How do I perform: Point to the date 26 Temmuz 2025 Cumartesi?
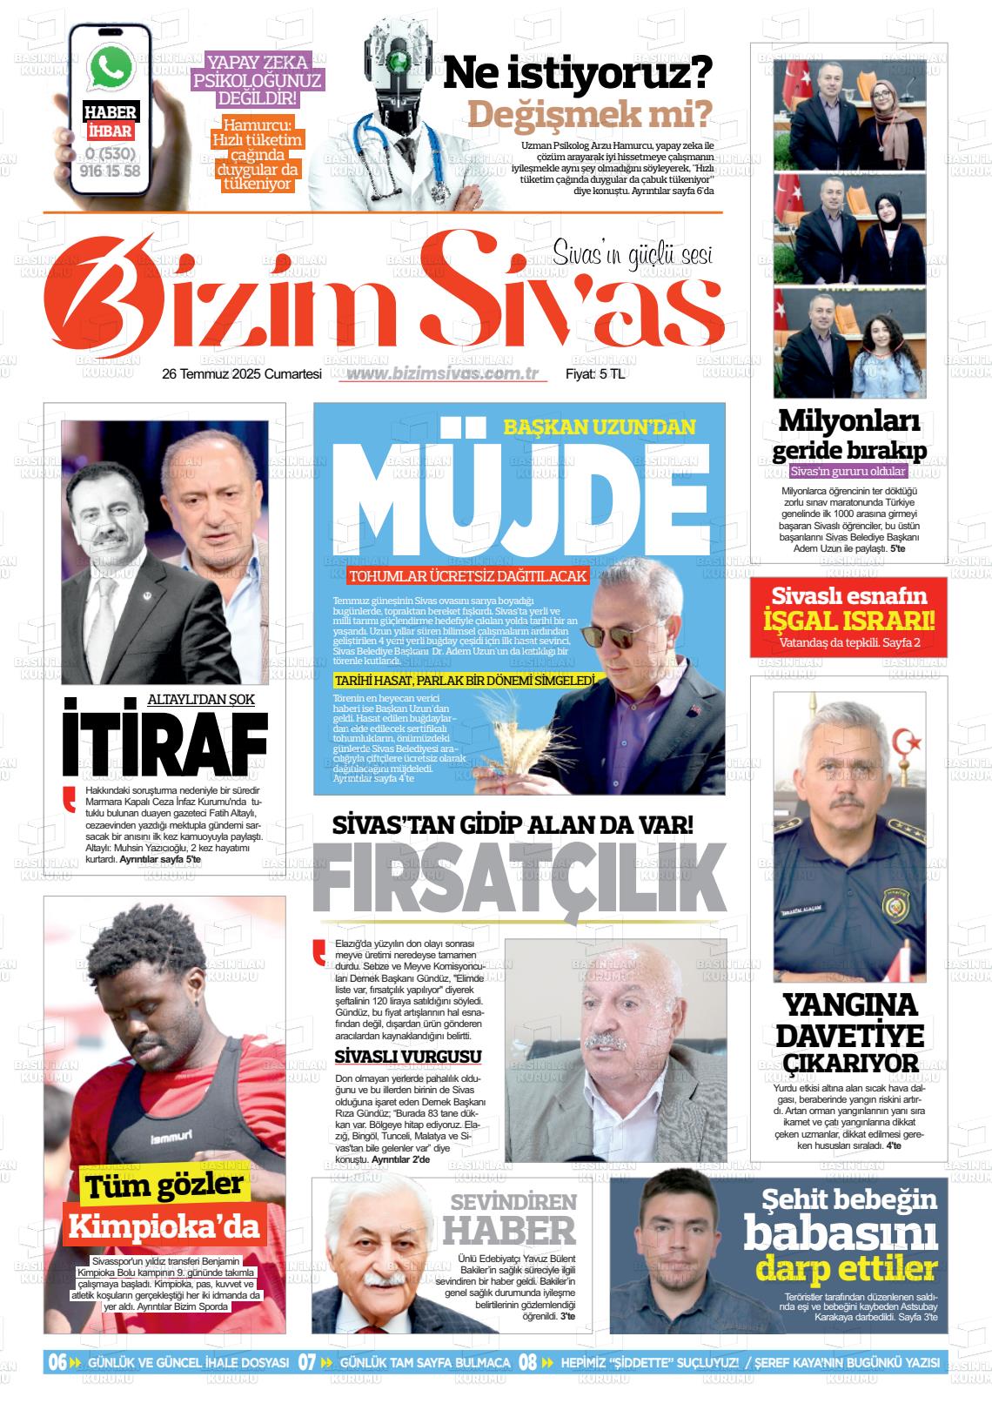pyautogui.click(x=242, y=374)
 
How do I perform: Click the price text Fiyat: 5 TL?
pyautogui.click(x=595, y=374)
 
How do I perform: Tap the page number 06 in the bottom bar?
pyautogui.click(x=57, y=1362)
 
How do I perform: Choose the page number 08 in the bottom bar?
pyautogui.click(x=528, y=1362)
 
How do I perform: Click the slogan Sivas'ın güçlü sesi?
pyautogui.click(x=633, y=253)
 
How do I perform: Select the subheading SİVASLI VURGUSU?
pyautogui.click(x=408, y=1057)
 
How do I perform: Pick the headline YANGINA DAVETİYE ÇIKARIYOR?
pyautogui.click(x=848, y=1033)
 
